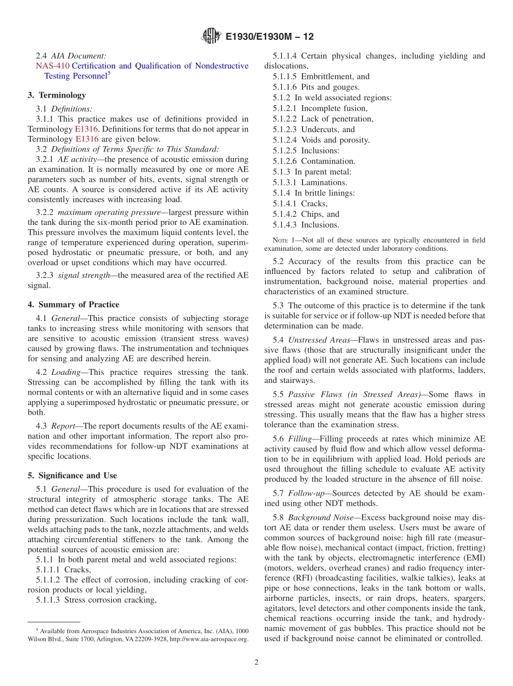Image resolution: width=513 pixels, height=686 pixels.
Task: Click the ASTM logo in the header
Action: point(211,36)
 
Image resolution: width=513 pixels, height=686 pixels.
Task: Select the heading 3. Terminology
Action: point(57,95)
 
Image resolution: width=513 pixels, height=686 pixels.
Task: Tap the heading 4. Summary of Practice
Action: point(73,304)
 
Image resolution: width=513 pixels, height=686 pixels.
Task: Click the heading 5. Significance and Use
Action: point(72,475)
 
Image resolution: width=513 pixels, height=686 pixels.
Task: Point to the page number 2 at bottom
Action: point(256,662)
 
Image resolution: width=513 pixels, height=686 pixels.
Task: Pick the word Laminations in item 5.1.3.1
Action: point(324,182)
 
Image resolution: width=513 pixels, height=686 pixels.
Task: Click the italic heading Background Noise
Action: point(322,517)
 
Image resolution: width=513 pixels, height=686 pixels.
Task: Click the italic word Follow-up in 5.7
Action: point(306,493)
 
